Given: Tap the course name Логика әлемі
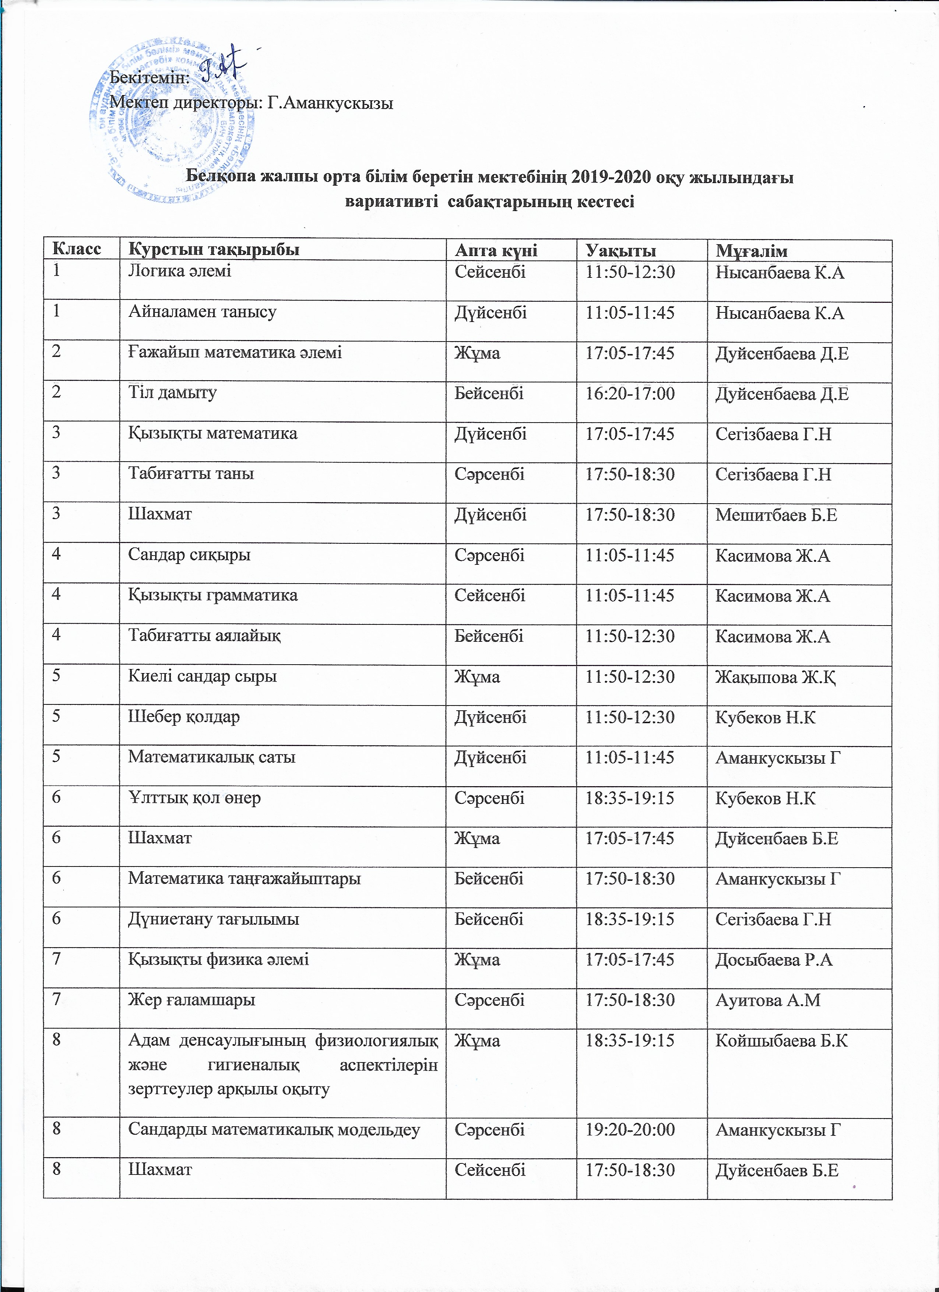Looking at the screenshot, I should (x=179, y=271).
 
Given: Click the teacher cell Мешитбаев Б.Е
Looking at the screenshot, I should (x=776, y=515).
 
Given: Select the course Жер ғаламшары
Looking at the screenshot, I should (x=191, y=1000).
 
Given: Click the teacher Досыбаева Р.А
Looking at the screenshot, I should (x=774, y=960).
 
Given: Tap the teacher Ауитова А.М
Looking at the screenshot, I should (x=768, y=1000).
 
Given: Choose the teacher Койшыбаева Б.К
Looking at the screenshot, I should (x=781, y=1041).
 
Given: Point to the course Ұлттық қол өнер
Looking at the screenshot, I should (x=194, y=798).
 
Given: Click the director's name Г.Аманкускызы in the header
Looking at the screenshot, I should (x=330, y=103).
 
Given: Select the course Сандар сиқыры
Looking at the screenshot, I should (x=189, y=555).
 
